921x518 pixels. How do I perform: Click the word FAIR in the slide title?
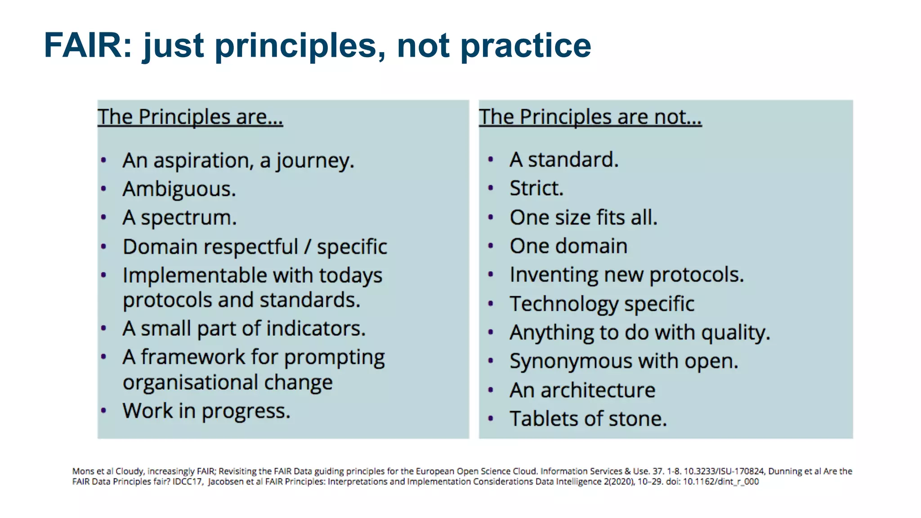click(83, 45)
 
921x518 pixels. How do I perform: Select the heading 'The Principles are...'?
click(190, 117)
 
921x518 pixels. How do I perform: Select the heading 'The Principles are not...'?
click(590, 117)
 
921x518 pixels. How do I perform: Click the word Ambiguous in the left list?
click(179, 189)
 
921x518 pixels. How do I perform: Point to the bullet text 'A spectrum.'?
click(179, 218)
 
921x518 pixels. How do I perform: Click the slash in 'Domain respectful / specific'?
click(307, 246)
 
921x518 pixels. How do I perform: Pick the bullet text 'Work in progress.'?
click(206, 411)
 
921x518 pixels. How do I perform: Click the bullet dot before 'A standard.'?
click(491, 160)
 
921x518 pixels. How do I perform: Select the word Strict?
click(536, 188)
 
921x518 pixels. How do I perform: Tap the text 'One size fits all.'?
click(583, 218)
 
